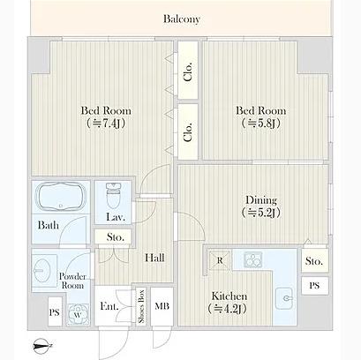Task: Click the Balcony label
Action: pos(182,19)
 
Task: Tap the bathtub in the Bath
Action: pos(61,197)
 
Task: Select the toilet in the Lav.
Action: pos(113,196)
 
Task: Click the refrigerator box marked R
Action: pos(220,260)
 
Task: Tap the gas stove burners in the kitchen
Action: pos(252,259)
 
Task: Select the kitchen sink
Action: pos(284,298)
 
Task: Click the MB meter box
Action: pos(162,306)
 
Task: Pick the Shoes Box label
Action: pos(141,306)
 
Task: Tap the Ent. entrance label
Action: pos(109,306)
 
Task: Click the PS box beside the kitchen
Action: pos(314,286)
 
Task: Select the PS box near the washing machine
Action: pos(55,312)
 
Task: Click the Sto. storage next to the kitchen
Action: pos(314,261)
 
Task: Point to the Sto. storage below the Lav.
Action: pos(114,237)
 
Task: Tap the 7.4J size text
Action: pos(106,124)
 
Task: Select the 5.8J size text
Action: pos(261,124)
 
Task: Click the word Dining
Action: pos(261,200)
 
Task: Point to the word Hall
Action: pos(154,258)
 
